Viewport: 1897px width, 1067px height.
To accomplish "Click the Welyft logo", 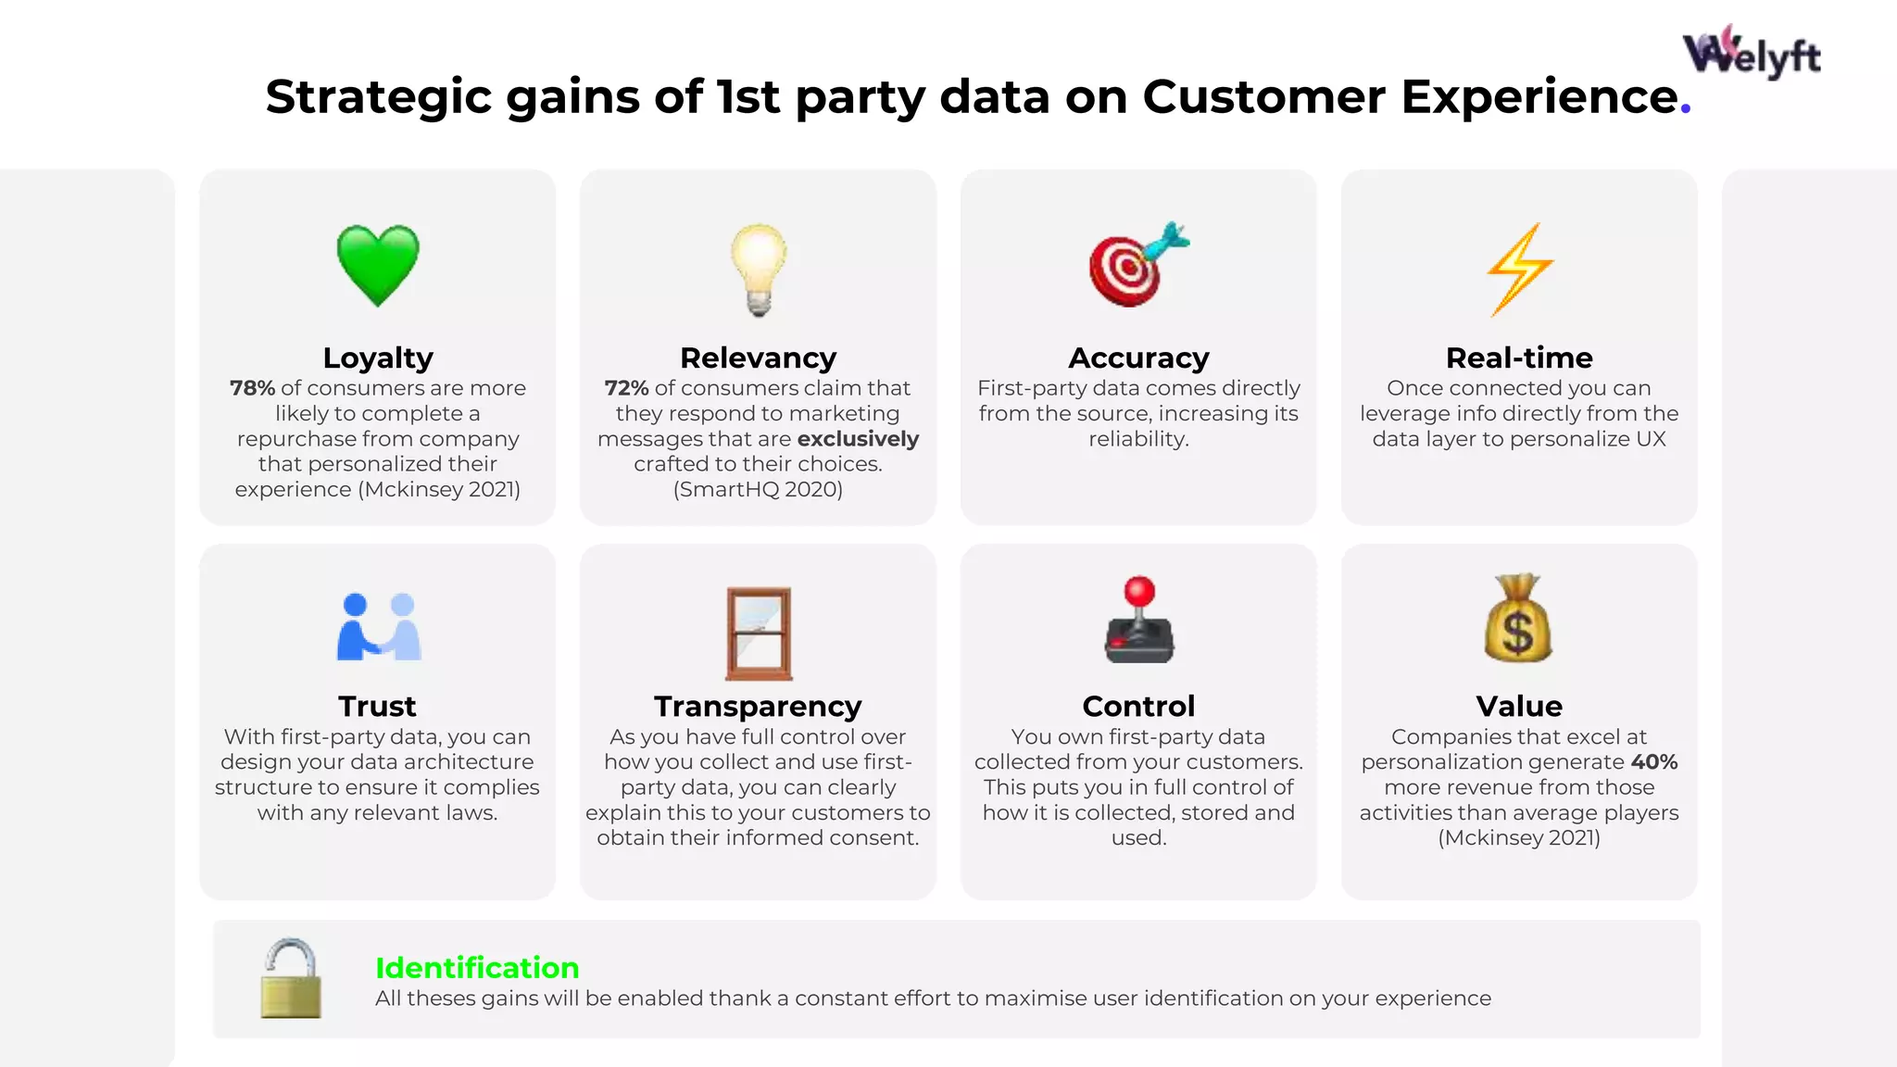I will coord(1751,53).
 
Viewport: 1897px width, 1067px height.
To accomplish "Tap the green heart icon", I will coord(378,265).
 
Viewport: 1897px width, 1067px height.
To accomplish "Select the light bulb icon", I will coord(759,269).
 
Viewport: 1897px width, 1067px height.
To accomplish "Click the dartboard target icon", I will coord(1136,266).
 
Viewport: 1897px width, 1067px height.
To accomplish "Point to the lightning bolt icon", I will coord(1519,269).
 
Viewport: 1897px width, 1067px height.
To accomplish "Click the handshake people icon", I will coord(378,627).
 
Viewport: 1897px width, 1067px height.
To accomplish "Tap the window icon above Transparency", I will coord(759,634).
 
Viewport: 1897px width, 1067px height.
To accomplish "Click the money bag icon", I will coord(1518,619).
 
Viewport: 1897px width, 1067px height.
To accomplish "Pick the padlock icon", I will coord(291,979).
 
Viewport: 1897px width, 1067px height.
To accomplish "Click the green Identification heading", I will coord(477,968).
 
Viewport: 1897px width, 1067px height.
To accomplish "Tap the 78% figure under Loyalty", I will coord(252,388).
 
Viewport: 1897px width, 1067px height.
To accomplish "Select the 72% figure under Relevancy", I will coord(626,388).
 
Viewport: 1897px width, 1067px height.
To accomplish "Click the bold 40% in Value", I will coord(1654,762).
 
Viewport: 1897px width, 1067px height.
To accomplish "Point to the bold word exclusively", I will coord(858,439).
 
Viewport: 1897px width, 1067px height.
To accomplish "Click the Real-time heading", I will coord(1519,358).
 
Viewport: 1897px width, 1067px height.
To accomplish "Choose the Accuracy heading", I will coord(1138,358).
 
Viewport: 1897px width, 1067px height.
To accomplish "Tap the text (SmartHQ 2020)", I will coord(758,489).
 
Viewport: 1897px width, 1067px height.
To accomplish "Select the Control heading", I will coord(1138,706).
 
